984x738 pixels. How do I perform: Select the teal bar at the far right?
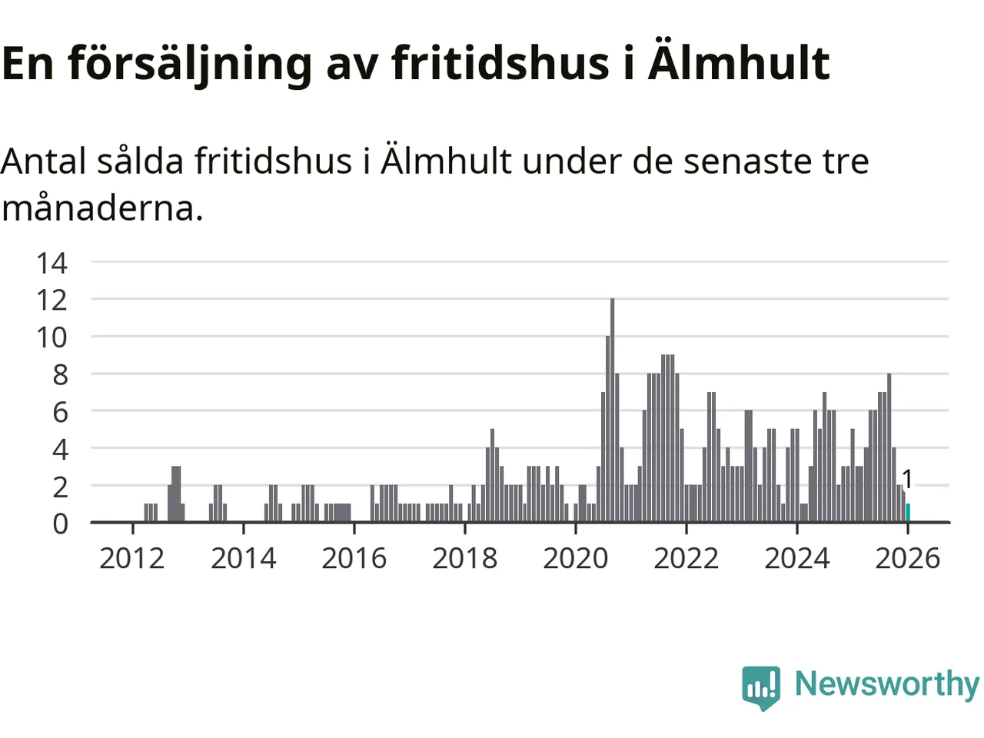tap(908, 513)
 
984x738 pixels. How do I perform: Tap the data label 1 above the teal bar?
tap(907, 479)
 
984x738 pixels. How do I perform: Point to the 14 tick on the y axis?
tap(52, 263)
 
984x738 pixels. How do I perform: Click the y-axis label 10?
tap(52, 337)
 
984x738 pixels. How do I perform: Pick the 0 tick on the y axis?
tap(60, 524)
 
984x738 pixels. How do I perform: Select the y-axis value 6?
tap(60, 412)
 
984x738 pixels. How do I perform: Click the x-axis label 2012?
tap(132, 558)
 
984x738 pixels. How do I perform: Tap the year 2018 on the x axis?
tap(464, 558)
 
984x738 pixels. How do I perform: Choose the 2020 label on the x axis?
tap(575, 558)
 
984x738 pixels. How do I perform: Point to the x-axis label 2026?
tap(907, 558)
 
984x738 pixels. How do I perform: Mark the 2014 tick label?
tap(243, 558)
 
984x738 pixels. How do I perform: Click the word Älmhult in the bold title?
tap(739, 63)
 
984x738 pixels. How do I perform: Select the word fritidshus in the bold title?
tap(500, 63)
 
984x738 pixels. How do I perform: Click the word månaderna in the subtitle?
tap(102, 208)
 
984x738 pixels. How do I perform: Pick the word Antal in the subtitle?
tap(43, 161)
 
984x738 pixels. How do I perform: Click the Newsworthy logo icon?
tap(761, 686)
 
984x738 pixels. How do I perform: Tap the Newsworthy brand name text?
tap(886, 683)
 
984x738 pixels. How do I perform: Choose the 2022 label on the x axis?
tap(686, 558)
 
